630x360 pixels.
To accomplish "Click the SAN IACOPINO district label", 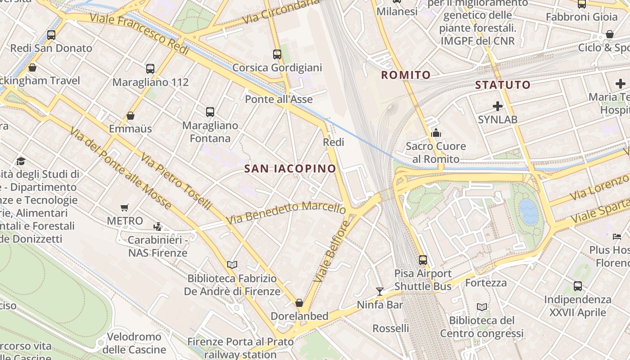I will tap(290, 169).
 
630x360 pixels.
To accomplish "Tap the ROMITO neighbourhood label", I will tap(406, 75).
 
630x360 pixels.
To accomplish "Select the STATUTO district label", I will tap(503, 85).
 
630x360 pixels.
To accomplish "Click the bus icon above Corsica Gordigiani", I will tap(277, 54).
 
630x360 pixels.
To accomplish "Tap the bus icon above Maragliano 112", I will tap(150, 69).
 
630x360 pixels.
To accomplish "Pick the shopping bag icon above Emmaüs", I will tap(130, 116).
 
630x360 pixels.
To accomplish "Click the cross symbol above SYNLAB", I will tap(498, 106).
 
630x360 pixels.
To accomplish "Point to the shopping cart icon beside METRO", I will tap(125, 207).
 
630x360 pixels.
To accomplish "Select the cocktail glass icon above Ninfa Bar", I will tap(380, 292).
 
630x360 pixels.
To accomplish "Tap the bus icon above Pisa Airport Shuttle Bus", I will tap(423, 260).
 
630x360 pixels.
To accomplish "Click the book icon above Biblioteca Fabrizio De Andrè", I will tap(232, 265).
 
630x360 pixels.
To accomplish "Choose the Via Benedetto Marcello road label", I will tap(286, 213).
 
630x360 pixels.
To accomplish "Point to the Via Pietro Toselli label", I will tap(175, 181).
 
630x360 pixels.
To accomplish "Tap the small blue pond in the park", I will tap(528, 212).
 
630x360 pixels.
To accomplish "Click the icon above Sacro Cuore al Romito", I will tap(436, 133).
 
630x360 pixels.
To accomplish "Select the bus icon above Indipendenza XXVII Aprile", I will tap(578, 286).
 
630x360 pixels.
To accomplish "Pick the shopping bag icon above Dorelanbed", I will tap(299, 303).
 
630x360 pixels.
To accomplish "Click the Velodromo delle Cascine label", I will tap(134, 343).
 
